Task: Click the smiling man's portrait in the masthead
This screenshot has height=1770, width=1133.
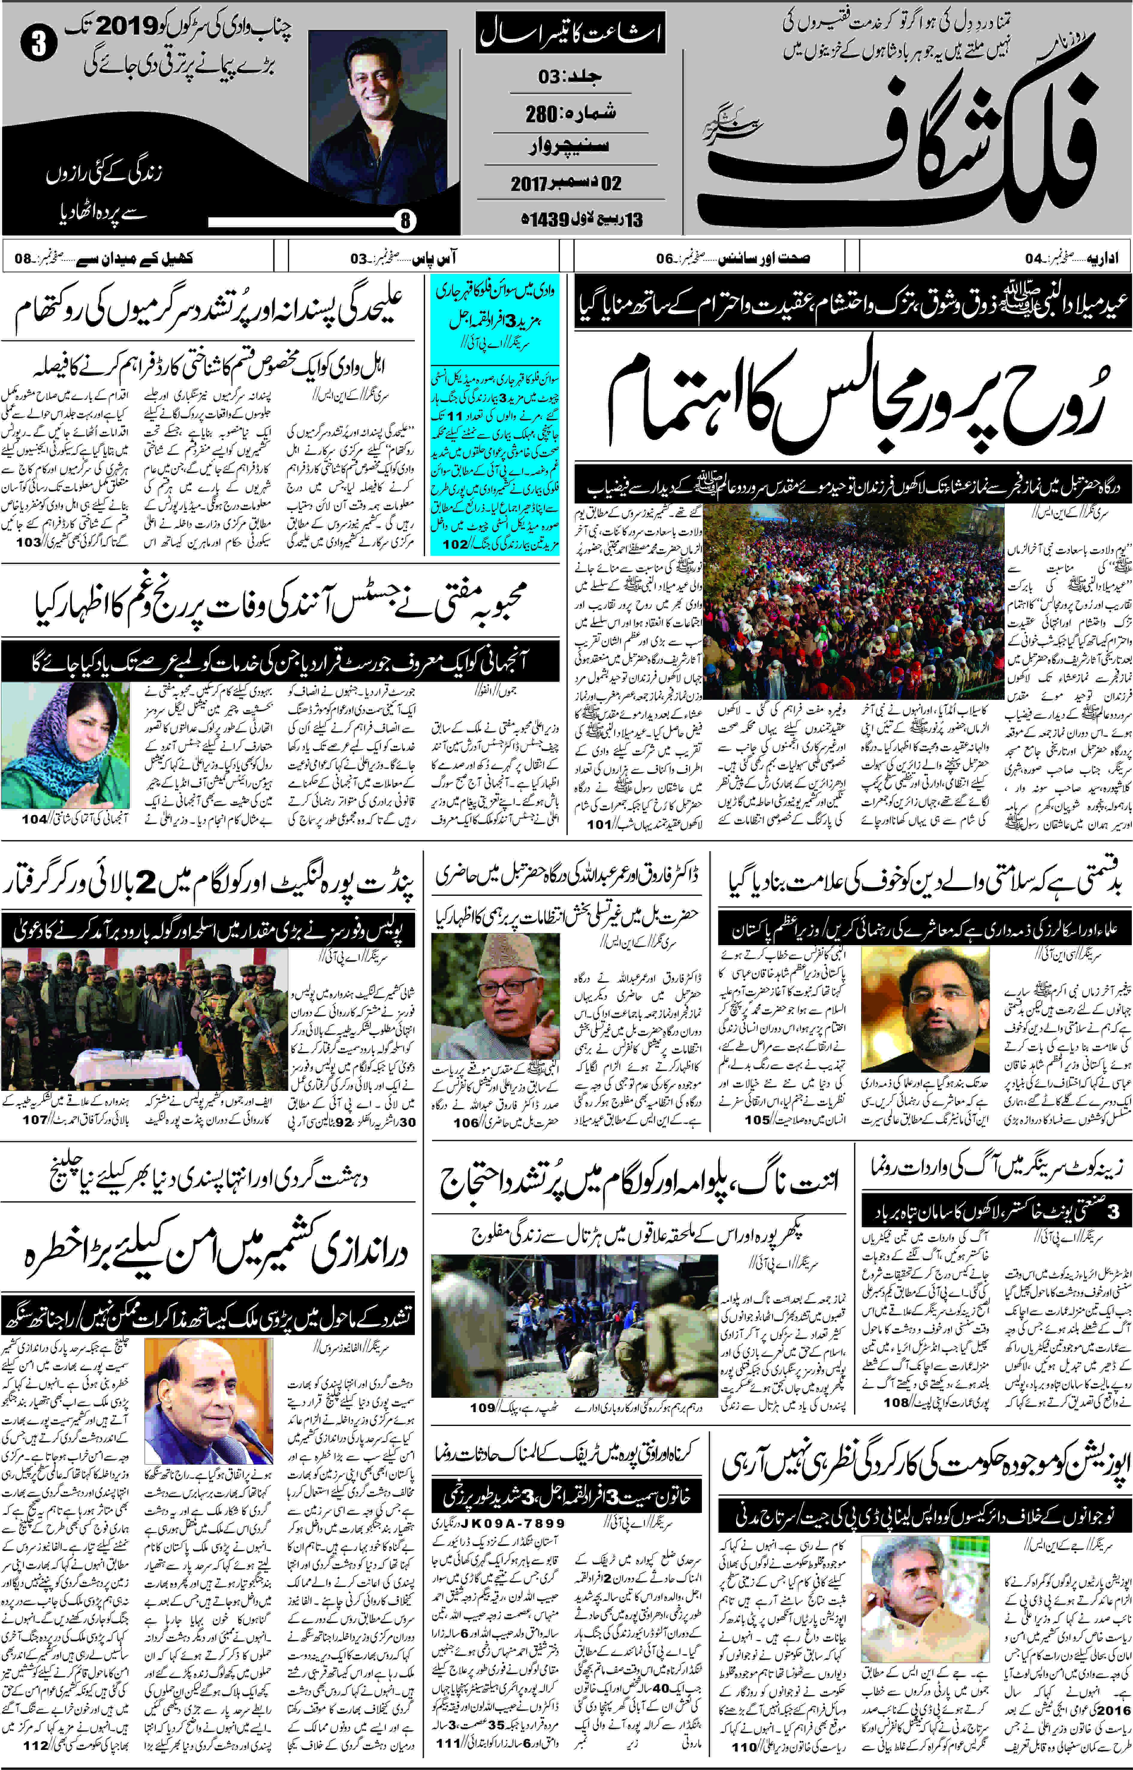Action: (x=377, y=118)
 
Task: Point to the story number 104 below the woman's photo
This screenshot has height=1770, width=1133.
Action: (x=34, y=818)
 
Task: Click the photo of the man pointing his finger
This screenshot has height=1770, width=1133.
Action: (x=495, y=995)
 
